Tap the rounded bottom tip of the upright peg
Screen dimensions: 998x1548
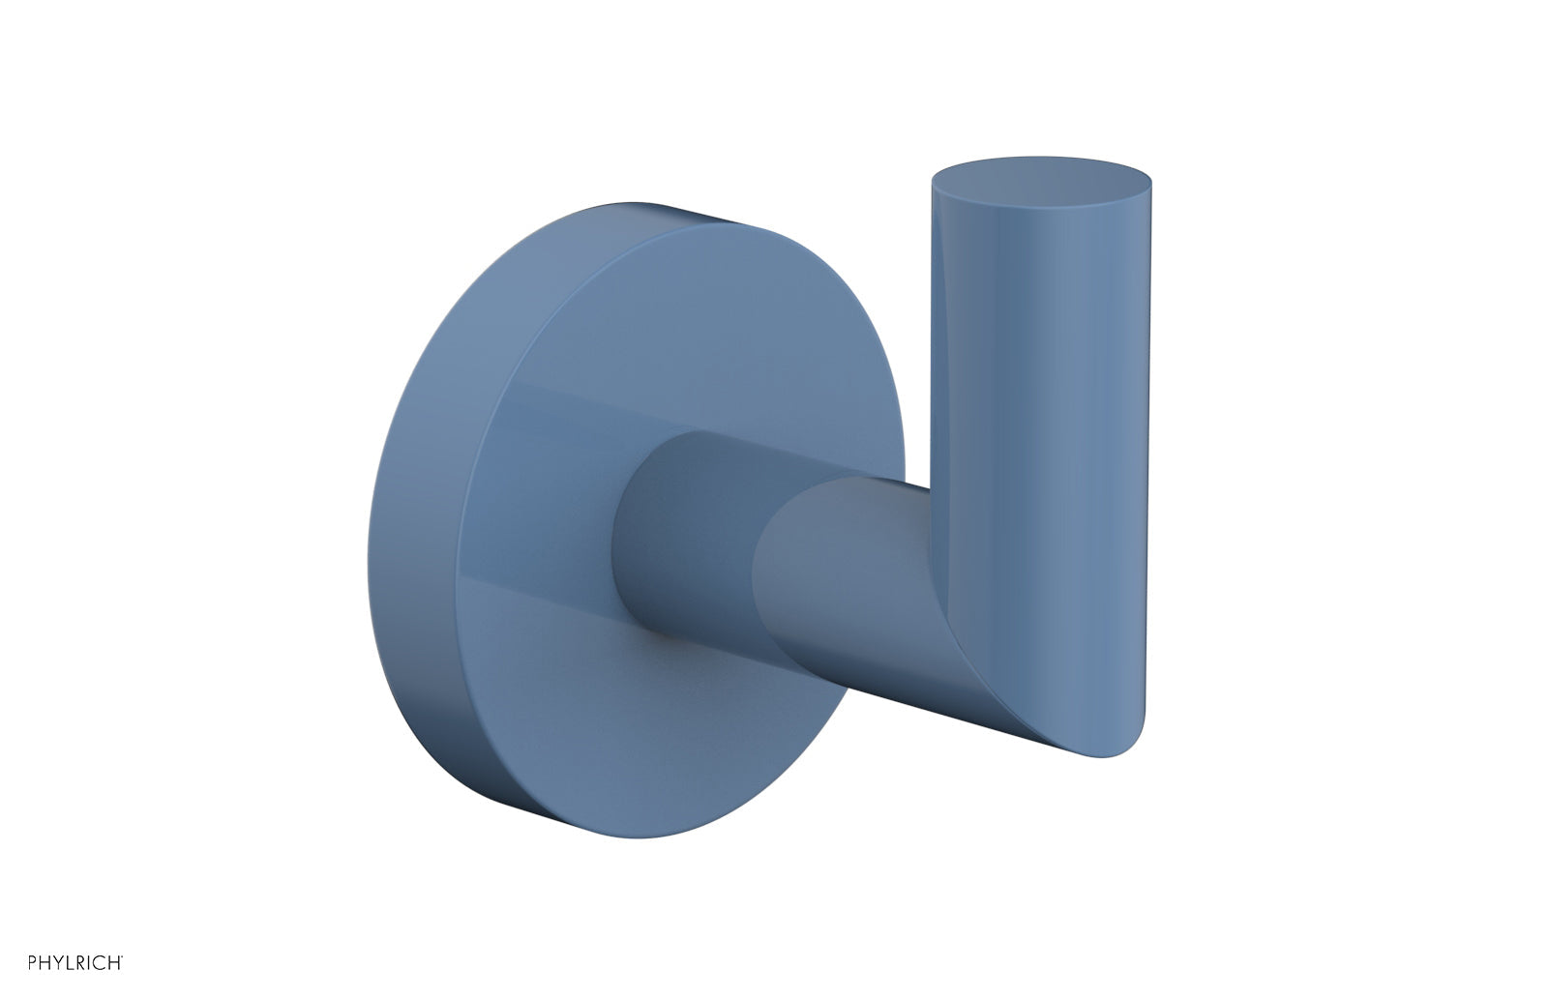coord(1113,745)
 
